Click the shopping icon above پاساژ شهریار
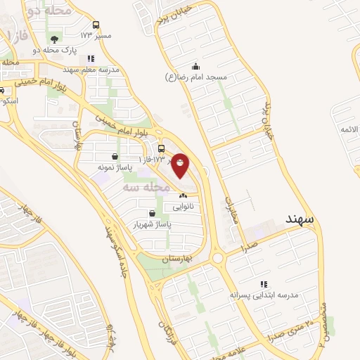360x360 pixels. coord(153,213)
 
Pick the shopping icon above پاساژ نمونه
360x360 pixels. coord(115,156)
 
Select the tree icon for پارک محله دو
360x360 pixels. coord(55,39)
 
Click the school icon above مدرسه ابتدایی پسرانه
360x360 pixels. coord(264,283)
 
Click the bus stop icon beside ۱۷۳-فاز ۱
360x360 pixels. coord(162,148)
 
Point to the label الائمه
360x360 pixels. coord(349,130)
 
